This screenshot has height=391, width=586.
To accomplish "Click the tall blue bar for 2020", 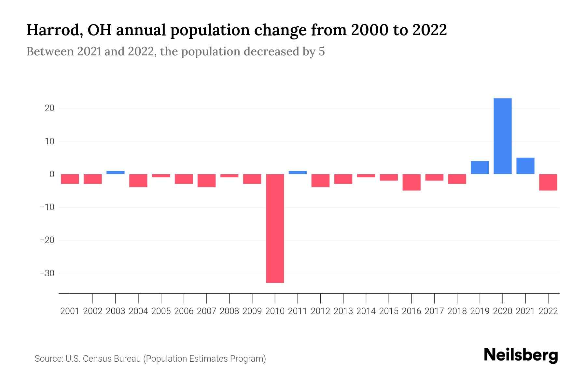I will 502,136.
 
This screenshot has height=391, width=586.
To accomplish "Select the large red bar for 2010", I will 275,228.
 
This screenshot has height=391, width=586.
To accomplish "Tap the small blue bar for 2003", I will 116,172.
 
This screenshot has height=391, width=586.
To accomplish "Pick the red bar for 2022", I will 548,182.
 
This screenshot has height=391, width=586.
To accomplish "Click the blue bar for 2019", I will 480,167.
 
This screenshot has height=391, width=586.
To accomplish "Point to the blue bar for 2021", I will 525,166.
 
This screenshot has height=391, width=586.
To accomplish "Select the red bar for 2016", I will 412,182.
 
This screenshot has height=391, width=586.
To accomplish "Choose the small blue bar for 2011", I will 298,172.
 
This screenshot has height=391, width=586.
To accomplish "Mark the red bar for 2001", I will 70,179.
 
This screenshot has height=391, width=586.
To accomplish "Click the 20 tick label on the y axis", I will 49,108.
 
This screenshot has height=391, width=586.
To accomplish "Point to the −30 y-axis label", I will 47,273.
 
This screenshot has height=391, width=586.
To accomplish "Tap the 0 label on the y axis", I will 52,174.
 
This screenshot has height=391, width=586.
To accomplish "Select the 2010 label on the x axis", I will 275,311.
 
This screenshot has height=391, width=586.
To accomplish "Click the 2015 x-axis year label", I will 389,311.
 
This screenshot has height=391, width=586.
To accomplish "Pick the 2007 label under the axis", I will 206,311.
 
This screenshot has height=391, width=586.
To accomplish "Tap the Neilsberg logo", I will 521,355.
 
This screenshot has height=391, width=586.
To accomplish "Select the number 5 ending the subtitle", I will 322,52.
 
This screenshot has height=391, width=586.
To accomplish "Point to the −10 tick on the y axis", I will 47,207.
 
